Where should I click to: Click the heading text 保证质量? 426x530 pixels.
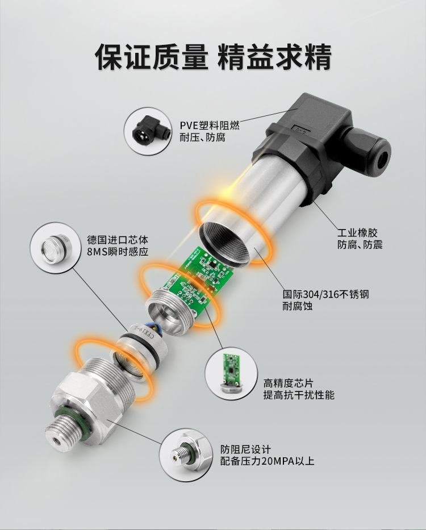151,57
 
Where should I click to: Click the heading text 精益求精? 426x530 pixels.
274,57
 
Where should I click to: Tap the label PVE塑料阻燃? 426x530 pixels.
210,126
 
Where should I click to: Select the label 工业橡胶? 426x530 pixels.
357,232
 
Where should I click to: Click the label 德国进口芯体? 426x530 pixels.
118,240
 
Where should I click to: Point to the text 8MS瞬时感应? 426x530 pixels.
118,252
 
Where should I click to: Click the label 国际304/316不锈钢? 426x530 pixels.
325,294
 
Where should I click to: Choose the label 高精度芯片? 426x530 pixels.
289,383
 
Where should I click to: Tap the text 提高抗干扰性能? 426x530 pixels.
299,395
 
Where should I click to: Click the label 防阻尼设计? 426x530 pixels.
246,449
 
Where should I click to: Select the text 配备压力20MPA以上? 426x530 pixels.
267,461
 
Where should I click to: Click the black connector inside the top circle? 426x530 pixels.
151,131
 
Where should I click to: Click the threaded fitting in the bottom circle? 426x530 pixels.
188,455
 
